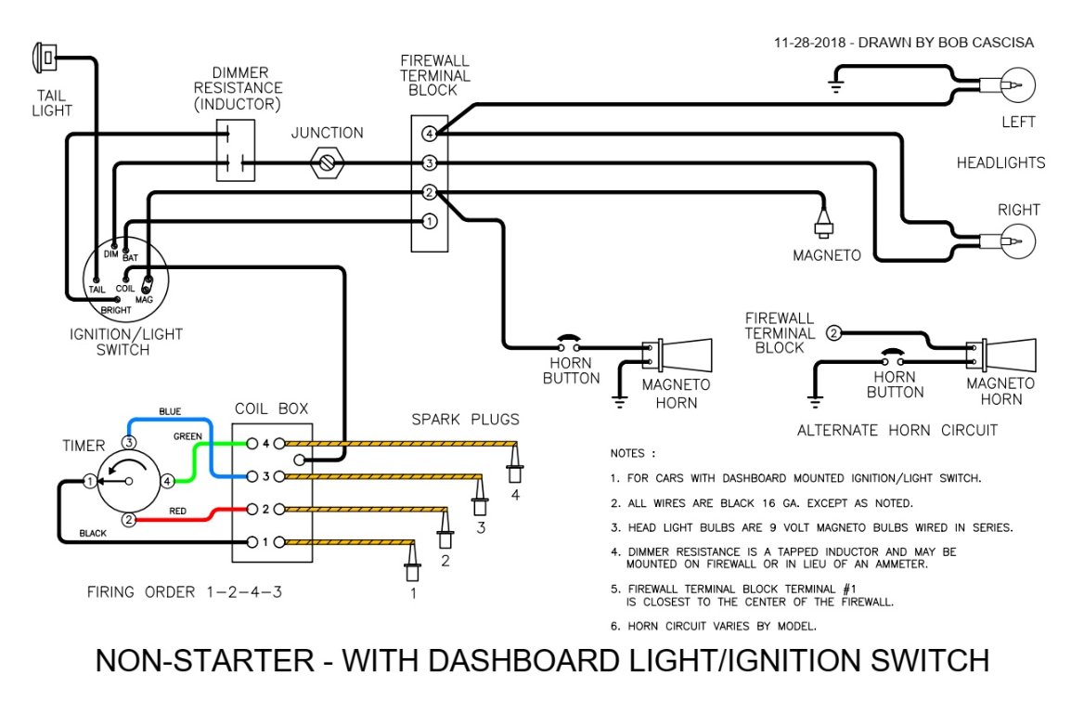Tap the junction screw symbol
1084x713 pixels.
click(327, 164)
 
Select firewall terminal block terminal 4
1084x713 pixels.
click(429, 134)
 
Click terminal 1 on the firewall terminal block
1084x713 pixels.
click(429, 222)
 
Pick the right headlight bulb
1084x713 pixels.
click(1014, 242)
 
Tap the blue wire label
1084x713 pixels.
click(170, 411)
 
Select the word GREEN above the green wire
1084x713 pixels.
click(187, 436)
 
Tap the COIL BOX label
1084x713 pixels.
click(271, 408)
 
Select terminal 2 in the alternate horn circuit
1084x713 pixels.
click(833, 333)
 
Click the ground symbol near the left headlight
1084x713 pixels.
click(835, 88)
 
